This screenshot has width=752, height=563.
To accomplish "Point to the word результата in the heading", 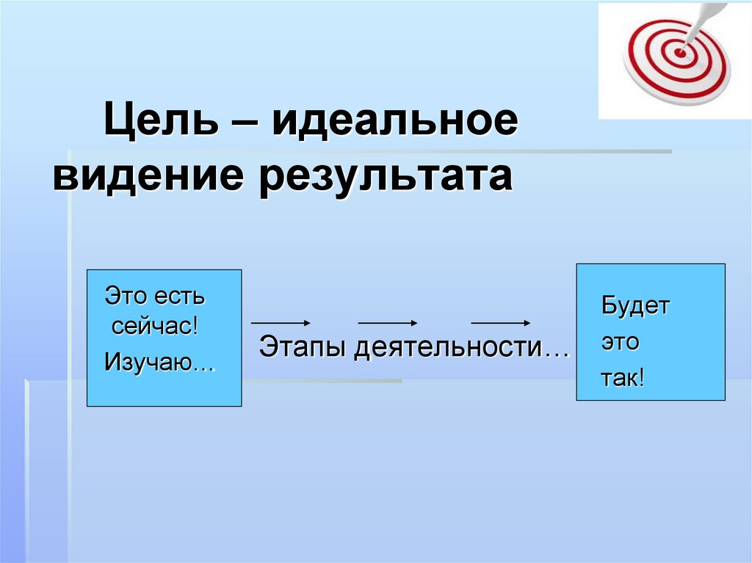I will pyautogui.click(x=383, y=178).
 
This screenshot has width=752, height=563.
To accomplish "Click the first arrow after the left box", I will pyautogui.click(x=282, y=323).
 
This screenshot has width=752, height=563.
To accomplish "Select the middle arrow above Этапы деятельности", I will pyautogui.click(x=388, y=323).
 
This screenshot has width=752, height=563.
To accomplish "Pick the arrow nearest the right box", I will pyautogui.click(x=501, y=323).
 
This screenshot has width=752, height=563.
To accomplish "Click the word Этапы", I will pyautogui.click(x=303, y=347).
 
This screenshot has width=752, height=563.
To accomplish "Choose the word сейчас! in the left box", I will pyautogui.click(x=155, y=327).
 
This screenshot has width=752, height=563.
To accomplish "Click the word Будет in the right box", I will pyautogui.click(x=635, y=305).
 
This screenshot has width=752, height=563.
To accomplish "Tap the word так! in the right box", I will pyautogui.click(x=623, y=378).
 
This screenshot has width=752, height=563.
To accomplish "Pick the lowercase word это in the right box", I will pyautogui.click(x=621, y=343).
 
